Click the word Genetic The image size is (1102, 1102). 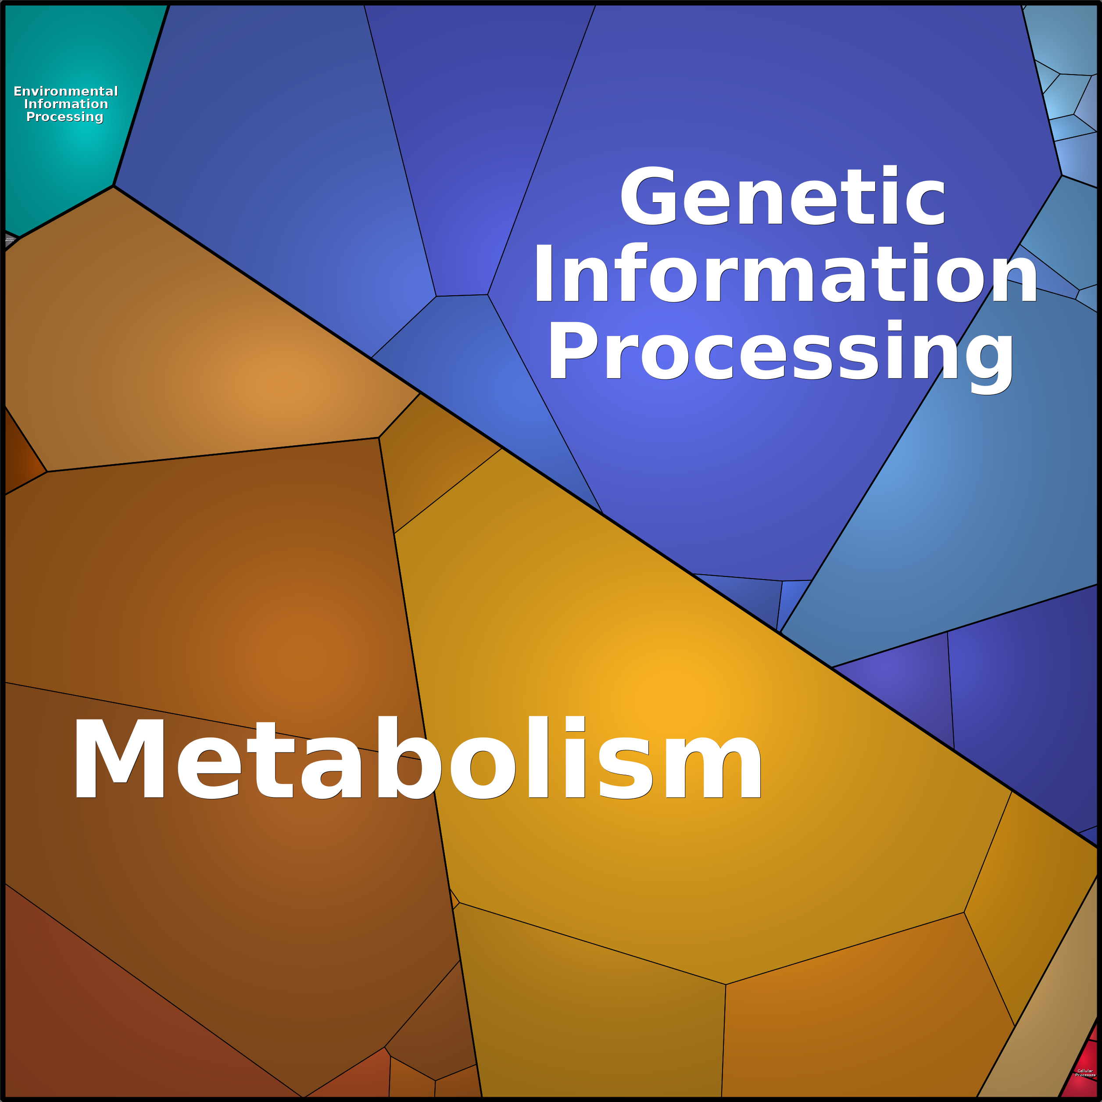click(783, 197)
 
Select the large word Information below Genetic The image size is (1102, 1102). click(785, 274)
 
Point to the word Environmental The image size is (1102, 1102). click(66, 91)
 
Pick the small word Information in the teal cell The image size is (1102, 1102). click(66, 104)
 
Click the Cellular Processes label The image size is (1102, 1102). click(1084, 1072)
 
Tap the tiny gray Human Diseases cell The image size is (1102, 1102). click(9, 240)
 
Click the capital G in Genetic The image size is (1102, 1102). click(648, 197)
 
